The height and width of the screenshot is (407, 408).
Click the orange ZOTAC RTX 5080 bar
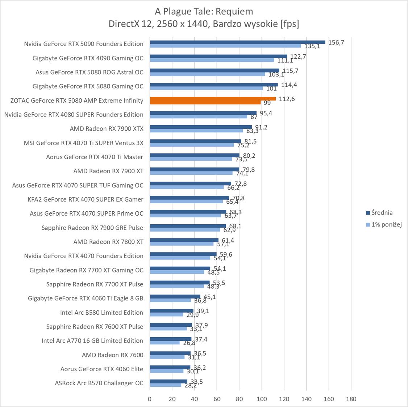coord(213,99)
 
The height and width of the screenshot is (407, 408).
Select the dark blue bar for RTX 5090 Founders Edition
coord(237,42)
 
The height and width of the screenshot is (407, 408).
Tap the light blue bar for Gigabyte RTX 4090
coord(212,60)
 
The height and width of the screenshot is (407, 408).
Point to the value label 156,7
coord(336,42)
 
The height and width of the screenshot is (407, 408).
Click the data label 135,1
coord(312,46)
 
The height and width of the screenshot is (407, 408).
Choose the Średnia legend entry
coord(379,213)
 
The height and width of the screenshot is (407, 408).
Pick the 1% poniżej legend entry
coord(384,225)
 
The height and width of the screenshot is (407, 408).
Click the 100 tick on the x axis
coord(262,399)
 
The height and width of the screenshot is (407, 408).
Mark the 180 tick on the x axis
coord(351,399)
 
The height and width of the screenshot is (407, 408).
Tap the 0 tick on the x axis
coord(150,399)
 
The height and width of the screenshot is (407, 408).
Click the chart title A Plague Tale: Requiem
coord(204,12)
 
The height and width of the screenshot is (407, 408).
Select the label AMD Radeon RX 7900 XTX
coord(107,129)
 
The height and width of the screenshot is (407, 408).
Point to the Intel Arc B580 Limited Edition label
coord(101,313)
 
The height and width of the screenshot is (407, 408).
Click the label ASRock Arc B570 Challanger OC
coord(99,383)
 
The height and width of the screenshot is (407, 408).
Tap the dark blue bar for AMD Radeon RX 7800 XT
coord(184,240)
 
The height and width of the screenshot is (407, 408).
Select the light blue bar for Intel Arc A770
coord(165,343)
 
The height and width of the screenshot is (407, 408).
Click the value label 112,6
coord(287,99)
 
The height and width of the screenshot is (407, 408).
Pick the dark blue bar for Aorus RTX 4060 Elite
coord(170,367)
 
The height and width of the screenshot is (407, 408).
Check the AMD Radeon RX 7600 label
coord(112,355)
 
